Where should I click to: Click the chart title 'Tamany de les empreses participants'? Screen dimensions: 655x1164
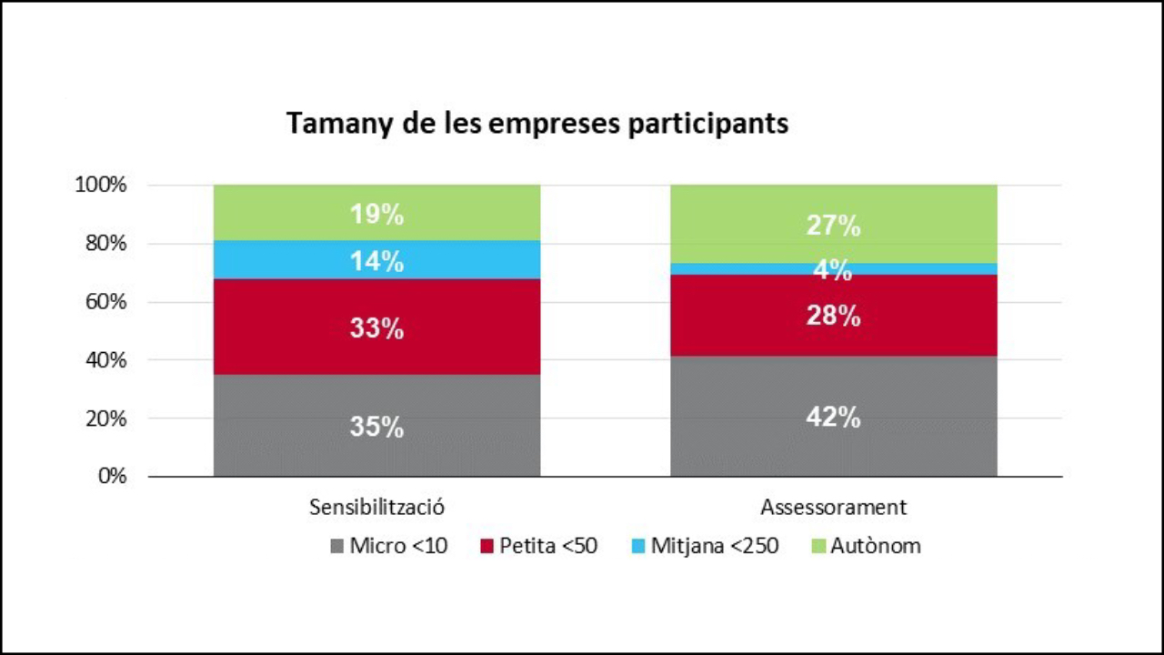point(537,124)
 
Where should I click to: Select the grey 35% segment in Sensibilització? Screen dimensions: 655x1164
point(376,426)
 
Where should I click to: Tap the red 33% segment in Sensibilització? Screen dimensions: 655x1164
point(376,327)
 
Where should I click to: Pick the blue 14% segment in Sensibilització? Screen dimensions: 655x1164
point(376,260)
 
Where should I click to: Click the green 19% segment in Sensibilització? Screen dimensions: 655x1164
point(376,214)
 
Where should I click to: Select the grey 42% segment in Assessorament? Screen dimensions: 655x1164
point(833,417)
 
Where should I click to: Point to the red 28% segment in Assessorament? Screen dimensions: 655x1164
point(833,316)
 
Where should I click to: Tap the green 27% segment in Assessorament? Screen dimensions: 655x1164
point(833,225)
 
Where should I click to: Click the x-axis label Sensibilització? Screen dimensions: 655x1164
point(376,507)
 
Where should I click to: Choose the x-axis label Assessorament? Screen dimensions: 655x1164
point(833,507)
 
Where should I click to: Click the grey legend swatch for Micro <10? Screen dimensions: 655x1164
point(337,547)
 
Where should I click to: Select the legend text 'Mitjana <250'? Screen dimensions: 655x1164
point(715,547)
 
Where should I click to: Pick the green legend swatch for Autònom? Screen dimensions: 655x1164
point(816,547)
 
